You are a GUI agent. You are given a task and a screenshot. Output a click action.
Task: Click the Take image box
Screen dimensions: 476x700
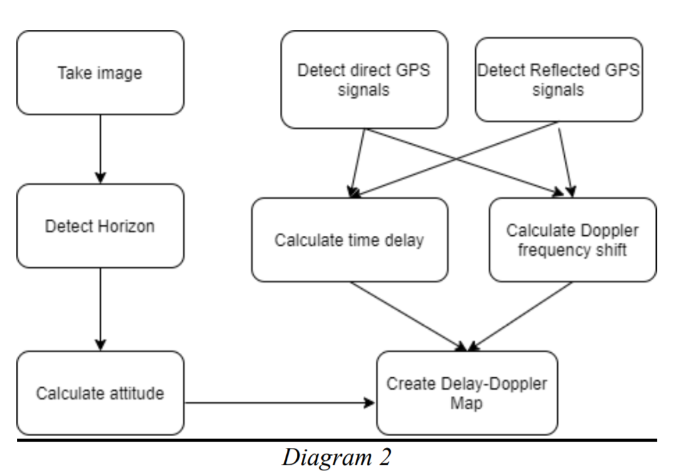100,73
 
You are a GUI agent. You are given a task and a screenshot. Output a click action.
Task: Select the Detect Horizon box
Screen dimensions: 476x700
100,226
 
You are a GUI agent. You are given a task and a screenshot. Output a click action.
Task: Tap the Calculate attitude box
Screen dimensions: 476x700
100,393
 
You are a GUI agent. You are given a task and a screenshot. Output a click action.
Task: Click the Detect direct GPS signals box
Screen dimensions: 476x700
364,79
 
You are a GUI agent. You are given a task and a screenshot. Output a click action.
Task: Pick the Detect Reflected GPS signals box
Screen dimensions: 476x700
558,79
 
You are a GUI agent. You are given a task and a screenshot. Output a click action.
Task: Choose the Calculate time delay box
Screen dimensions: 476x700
349,240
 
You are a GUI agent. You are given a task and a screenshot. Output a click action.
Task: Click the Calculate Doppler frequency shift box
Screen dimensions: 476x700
572,240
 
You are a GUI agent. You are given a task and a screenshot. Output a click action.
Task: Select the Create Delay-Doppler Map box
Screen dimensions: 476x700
466,393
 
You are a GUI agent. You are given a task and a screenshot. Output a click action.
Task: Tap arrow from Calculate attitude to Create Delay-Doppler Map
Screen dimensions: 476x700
279,403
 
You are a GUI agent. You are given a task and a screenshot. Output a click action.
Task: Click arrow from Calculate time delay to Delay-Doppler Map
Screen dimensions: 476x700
407,316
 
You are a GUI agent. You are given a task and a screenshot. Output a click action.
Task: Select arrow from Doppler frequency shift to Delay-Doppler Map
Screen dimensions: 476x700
521,316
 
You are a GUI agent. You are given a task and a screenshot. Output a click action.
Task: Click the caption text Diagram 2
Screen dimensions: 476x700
336,457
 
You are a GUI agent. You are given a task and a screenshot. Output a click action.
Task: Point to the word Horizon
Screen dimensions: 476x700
126,226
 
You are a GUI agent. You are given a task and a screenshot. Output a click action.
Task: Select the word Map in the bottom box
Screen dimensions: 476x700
466,403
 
